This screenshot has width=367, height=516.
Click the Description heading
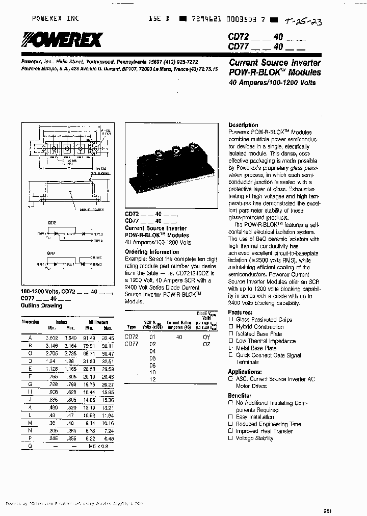coord(243,125)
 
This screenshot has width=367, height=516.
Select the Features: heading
coord(240,312)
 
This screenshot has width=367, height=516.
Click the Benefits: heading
coord(239,395)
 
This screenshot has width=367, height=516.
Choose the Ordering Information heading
coord(150,251)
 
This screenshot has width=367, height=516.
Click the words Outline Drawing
coord(41,305)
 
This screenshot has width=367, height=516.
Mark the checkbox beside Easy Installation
coord(230,417)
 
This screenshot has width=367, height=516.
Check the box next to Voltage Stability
coord(230,438)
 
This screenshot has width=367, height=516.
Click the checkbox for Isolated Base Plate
coord(230,334)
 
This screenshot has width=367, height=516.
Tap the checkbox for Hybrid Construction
coord(230,327)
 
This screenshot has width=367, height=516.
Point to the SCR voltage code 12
coord(151,380)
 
